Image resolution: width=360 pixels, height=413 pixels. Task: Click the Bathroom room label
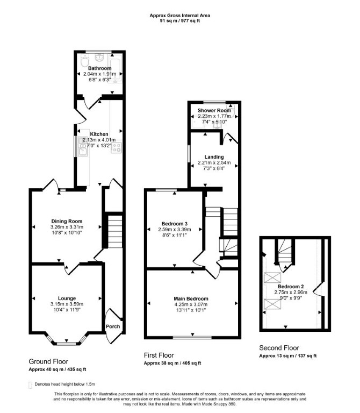[100, 68]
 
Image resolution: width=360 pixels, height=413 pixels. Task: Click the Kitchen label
[99, 134]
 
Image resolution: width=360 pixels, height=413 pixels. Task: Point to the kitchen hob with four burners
[116, 147]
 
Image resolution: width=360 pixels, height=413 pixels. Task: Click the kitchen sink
[83, 147]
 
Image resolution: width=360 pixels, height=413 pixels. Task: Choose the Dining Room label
[67, 221]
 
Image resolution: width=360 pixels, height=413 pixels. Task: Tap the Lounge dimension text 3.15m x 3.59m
[67, 304]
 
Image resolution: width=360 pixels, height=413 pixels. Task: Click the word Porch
[113, 326]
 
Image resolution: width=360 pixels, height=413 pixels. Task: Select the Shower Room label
[214, 110]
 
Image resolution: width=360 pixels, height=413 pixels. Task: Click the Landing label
[214, 157]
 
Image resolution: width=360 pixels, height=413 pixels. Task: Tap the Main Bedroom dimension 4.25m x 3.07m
[191, 304]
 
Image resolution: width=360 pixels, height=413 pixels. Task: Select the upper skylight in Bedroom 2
[272, 277]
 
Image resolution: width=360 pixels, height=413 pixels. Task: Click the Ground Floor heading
[48, 361]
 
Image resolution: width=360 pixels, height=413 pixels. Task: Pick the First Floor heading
[159, 355]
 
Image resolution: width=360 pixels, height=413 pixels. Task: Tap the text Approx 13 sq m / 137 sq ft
[288, 356]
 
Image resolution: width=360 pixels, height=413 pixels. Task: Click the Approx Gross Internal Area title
[180, 16]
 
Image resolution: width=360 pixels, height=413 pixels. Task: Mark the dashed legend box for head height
[30, 385]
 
